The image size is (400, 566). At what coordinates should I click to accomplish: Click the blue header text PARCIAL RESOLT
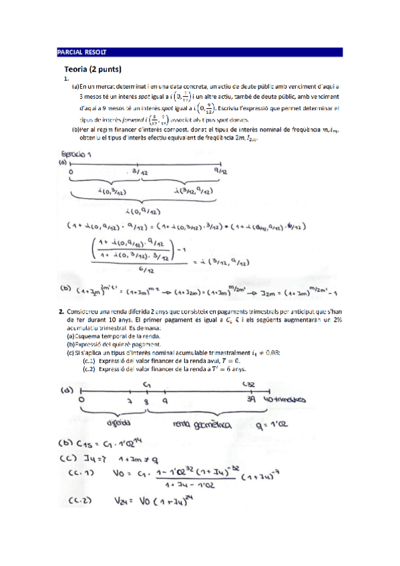click(x=82, y=51)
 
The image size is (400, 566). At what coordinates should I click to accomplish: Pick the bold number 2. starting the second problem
click(x=60, y=310)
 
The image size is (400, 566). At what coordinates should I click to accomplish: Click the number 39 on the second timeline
click(x=250, y=399)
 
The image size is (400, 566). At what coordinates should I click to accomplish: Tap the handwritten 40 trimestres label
click(x=282, y=399)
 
